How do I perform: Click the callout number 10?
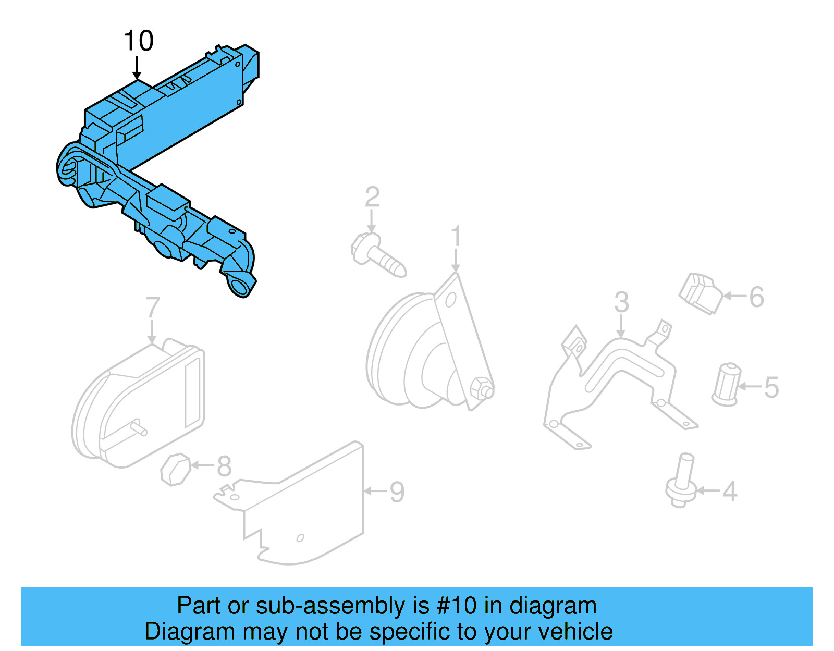tap(139, 41)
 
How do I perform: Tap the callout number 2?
tap(372, 197)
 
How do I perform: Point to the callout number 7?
tap(152, 308)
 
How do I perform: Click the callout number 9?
tap(397, 492)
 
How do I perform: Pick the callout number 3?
tap(621, 302)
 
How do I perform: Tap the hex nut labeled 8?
tap(175, 469)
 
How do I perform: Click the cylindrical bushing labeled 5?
tap(726, 385)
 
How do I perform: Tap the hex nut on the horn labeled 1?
tap(481, 389)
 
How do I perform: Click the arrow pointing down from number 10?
tap(137, 68)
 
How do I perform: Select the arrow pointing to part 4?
tap(708, 490)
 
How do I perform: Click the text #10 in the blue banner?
tap(457, 606)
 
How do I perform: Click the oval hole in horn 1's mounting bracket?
tap(450, 300)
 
